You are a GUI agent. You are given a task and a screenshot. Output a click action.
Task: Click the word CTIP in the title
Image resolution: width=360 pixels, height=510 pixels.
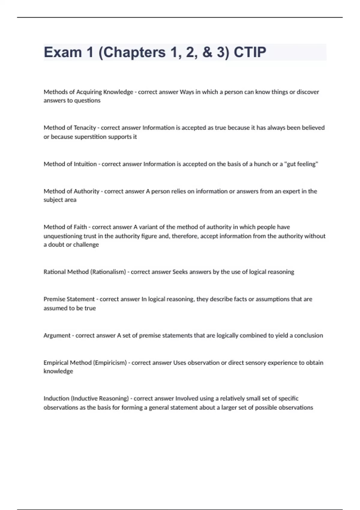(250, 52)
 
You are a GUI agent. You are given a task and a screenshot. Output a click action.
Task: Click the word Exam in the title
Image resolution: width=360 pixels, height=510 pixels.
(63, 52)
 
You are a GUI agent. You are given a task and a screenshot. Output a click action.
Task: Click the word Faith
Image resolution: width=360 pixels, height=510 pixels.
(80, 227)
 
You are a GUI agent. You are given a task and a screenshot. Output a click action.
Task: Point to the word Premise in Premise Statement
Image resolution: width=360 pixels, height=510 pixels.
(54, 299)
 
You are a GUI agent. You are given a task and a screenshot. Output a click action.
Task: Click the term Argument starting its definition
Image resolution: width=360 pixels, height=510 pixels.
(57, 335)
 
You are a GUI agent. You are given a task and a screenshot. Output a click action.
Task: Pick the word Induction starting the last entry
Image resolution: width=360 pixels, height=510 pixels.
(56, 398)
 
